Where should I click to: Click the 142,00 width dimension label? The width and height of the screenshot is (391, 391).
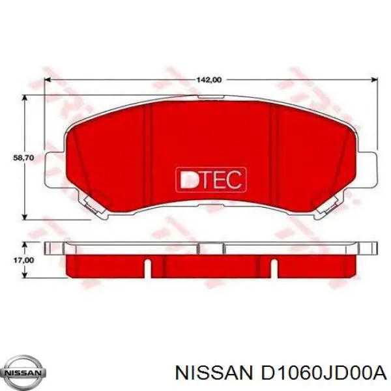209,80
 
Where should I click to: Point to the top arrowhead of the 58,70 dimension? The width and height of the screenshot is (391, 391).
24,97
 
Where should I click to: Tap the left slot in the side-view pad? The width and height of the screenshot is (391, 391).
148,267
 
